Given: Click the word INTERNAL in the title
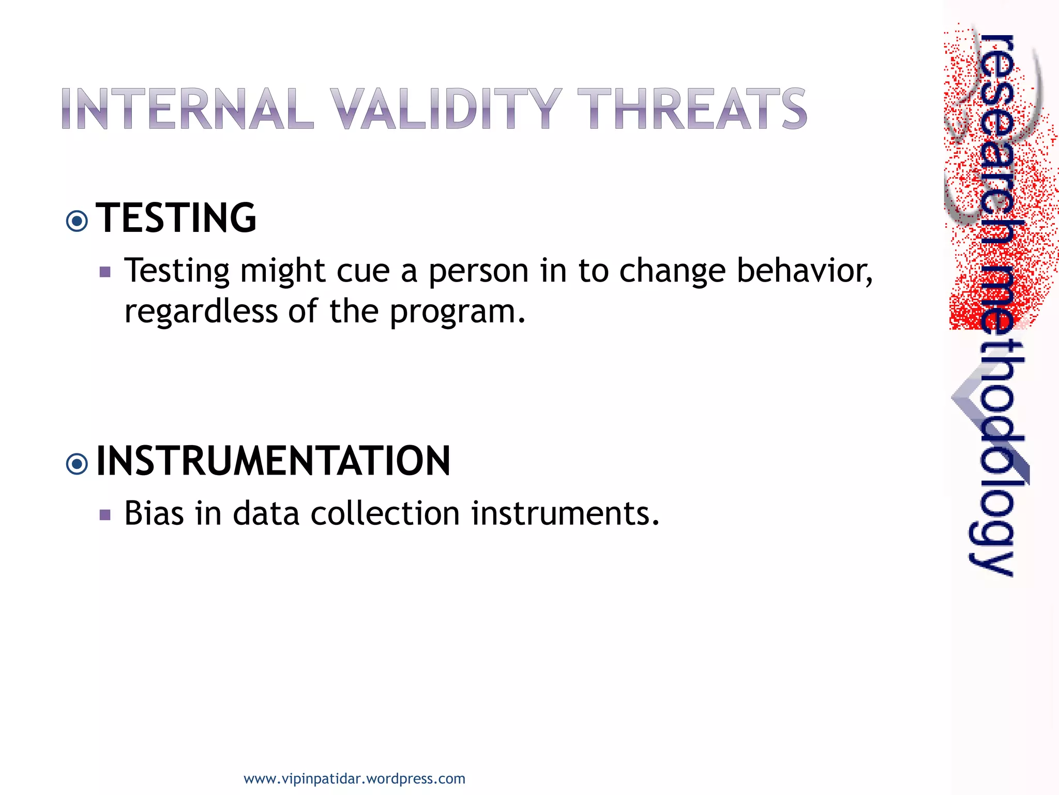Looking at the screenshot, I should (x=187, y=109).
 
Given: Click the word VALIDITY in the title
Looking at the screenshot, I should (x=446, y=109).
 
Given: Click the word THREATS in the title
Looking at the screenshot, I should (x=692, y=109).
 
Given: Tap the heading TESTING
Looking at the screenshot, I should (x=176, y=218).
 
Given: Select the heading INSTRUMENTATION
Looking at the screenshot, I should (x=273, y=461).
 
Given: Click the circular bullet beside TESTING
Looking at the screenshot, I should (x=77, y=222).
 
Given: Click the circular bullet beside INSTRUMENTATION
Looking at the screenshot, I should (x=77, y=464).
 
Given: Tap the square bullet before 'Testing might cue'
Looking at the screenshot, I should (x=105, y=272).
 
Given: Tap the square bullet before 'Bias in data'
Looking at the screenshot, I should (x=105, y=515).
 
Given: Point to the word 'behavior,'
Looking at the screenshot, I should (x=805, y=271).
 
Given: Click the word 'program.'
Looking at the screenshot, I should (x=458, y=312).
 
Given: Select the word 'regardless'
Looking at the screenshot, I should (x=201, y=312).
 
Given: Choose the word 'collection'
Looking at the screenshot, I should (x=385, y=513).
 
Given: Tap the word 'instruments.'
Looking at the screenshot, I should (x=565, y=513).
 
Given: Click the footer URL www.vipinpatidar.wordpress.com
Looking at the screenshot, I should (x=354, y=779).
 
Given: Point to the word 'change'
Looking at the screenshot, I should (x=672, y=272).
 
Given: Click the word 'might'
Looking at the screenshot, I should (x=282, y=272).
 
